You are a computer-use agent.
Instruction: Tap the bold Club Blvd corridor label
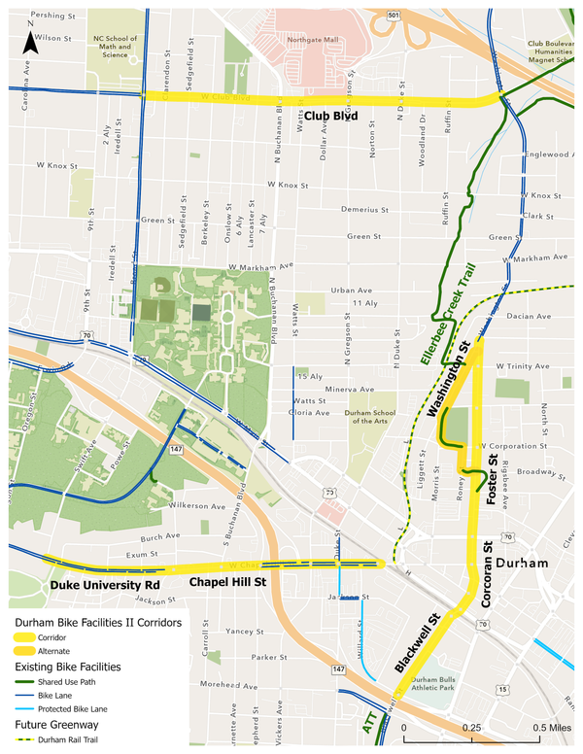tap(331, 117)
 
